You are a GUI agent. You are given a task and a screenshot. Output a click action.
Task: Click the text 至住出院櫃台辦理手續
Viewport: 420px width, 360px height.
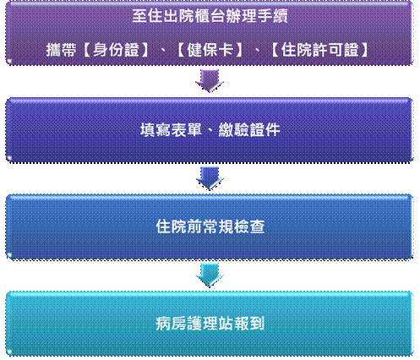(210, 16)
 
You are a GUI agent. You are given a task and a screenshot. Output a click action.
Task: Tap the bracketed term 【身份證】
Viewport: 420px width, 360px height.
(116, 50)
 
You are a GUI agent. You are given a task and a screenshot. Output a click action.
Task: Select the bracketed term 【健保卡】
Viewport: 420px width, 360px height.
(210, 50)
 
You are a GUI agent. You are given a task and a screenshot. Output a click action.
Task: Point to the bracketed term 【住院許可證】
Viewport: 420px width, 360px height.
(320, 50)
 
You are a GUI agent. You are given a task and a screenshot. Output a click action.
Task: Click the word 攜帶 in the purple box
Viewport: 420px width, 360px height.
(61, 50)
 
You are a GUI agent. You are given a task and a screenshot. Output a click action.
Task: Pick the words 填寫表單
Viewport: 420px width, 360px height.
(171, 130)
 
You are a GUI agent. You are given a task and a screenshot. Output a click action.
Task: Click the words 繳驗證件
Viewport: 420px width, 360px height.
(249, 130)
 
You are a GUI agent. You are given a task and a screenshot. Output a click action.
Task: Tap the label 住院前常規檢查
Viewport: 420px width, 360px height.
(210, 226)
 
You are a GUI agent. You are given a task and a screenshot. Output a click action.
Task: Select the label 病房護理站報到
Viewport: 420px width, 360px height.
(210, 324)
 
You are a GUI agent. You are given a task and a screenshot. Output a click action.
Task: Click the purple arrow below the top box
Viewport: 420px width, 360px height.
(210, 81)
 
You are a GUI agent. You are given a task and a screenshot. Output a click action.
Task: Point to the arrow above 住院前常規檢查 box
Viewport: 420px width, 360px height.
(210, 178)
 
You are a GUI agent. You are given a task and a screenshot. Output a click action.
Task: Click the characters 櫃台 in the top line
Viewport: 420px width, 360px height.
(210, 16)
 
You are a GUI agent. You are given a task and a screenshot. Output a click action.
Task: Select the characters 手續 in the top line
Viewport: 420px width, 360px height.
(272, 16)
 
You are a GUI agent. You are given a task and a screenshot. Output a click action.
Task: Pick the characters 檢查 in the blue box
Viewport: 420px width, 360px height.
(249, 226)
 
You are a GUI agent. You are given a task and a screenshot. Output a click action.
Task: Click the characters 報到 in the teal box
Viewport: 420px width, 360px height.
(249, 324)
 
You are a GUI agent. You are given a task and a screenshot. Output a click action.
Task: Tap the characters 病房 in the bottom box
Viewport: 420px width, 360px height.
(172, 324)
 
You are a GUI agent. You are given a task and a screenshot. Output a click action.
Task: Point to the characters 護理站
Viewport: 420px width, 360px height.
(210, 324)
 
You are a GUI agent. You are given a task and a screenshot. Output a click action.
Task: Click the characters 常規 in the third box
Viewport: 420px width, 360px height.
(218, 226)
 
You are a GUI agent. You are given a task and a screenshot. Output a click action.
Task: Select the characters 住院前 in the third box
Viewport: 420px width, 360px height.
(179, 226)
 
